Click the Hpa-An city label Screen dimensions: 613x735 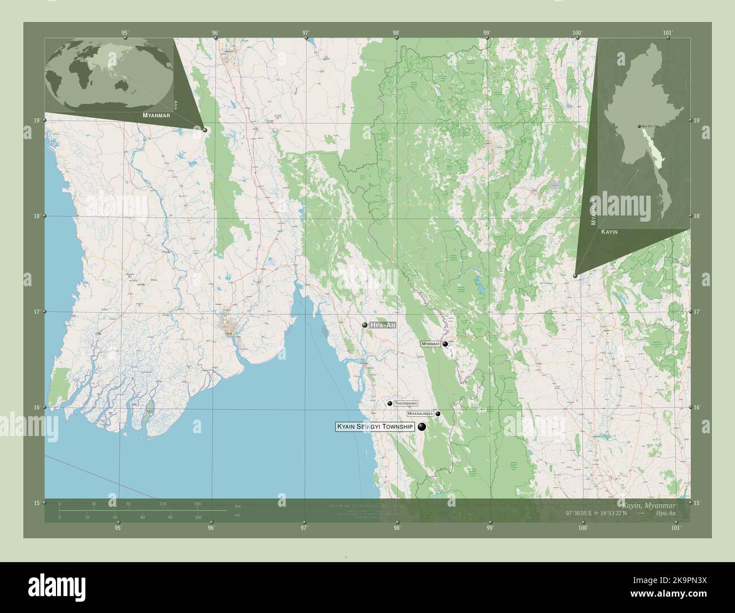point(383,325)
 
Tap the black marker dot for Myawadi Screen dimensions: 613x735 point(446,344)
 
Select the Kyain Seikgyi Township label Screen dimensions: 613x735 point(375,426)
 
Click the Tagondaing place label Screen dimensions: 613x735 point(405,403)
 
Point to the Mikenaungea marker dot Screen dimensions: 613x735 point(438,414)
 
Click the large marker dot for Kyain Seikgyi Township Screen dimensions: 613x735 point(422,427)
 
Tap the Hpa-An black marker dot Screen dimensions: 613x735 point(365,325)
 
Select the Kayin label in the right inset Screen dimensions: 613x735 point(609,232)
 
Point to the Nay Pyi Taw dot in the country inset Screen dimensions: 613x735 point(639,127)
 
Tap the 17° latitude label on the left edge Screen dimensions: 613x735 point(36,312)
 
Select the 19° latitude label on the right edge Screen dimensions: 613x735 point(697,120)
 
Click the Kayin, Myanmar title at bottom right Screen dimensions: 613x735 point(652,503)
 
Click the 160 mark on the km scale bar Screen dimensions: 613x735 point(197,503)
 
